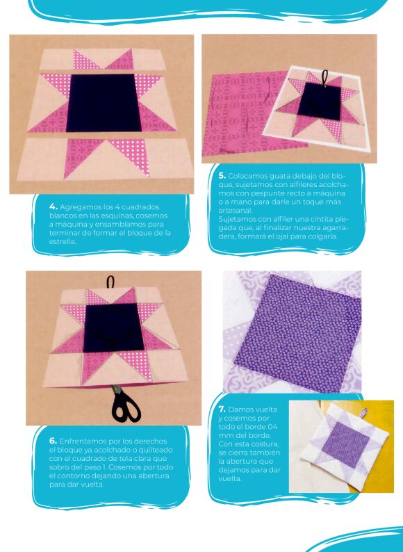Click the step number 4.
[x=54, y=206]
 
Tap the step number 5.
[x=222, y=176]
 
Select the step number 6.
[x=53, y=441]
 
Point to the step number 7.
[x=222, y=409]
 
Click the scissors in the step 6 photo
[x=123, y=404]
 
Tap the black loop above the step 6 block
[x=111, y=282]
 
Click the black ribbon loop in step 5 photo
[x=324, y=77]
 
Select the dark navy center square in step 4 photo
[x=104, y=103]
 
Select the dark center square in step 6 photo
[x=114, y=327]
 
